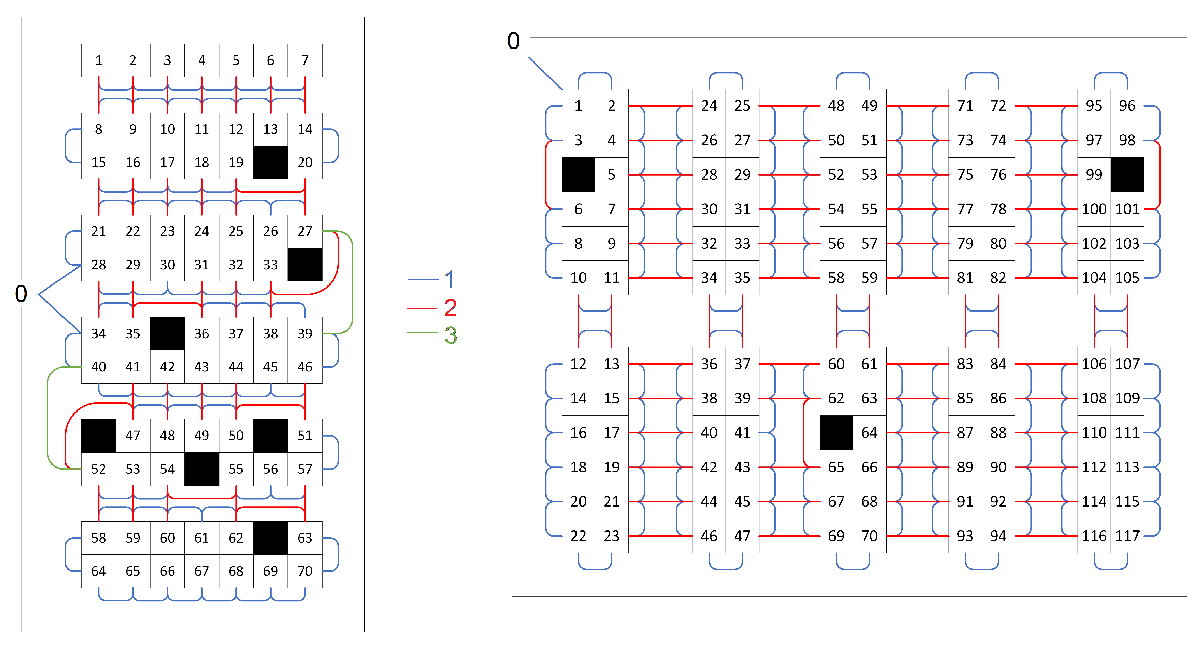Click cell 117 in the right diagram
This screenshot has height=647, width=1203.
[x=1127, y=536]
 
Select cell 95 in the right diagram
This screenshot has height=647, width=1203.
[x=1094, y=106]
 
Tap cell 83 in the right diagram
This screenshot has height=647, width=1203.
[x=965, y=364]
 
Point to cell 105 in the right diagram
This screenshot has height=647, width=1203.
[x=1127, y=278]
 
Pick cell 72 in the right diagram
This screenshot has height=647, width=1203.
[x=998, y=106]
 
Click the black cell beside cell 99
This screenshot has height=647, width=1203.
[x=1127, y=175]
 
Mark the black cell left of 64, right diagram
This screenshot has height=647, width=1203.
[x=837, y=432]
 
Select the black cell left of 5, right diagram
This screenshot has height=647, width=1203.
[x=579, y=175]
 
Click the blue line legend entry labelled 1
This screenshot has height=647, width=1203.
[x=431, y=279]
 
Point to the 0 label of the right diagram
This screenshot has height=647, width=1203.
[x=514, y=41]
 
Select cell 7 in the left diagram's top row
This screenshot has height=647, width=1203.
[x=305, y=60]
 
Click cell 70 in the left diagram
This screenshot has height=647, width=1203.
[x=305, y=571]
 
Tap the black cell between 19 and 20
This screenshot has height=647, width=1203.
[x=271, y=163]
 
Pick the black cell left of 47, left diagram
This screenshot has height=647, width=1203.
[x=99, y=436]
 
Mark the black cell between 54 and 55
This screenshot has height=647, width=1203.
[x=202, y=469]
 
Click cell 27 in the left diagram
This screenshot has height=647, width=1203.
[x=305, y=231]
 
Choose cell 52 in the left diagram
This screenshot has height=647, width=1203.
[x=99, y=469]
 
